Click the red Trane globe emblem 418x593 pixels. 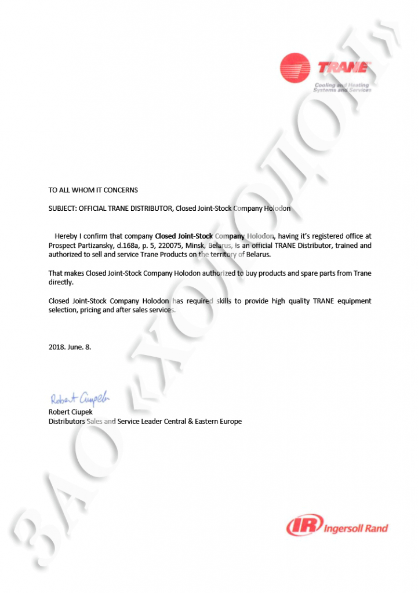(x=295, y=68)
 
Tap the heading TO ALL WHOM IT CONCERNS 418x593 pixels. (x=93, y=190)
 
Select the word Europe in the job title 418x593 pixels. (x=230, y=422)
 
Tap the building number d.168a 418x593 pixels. (x=130, y=246)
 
